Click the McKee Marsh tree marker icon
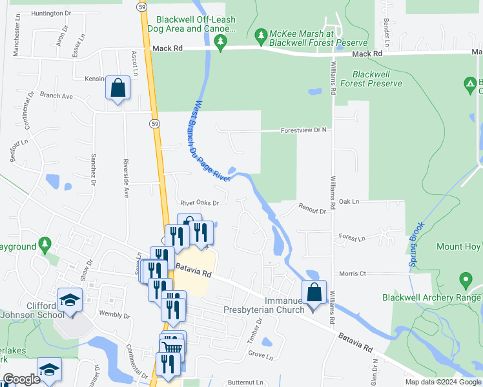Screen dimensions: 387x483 (261, 34)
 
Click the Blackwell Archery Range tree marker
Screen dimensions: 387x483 (465, 281)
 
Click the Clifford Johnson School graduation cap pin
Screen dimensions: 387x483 (70, 300)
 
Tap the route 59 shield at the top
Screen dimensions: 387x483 (140, 6)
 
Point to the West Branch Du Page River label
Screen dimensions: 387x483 (211, 141)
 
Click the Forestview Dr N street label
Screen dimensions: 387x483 (303, 130)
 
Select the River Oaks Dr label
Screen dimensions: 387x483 (200, 203)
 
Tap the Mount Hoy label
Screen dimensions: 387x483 (458, 247)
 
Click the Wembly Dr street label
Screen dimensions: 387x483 (115, 315)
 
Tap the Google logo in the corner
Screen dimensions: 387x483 (21, 379)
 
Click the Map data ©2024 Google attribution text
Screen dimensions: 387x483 (443, 382)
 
